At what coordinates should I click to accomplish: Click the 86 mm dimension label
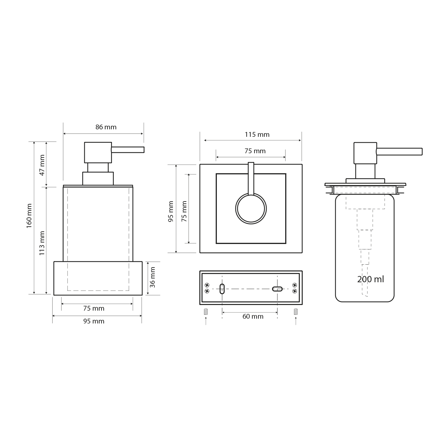(x=106, y=127)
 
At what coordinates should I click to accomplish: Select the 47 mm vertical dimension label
(x=42, y=165)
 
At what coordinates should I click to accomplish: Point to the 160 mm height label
(x=29, y=216)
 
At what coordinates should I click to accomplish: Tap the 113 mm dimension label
(x=42, y=243)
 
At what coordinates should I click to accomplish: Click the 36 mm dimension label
(x=152, y=277)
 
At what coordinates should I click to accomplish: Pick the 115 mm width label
(x=257, y=134)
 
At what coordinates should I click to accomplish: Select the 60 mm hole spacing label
(x=253, y=316)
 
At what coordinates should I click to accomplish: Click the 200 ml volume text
(x=370, y=279)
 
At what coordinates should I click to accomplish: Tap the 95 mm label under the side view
(x=94, y=321)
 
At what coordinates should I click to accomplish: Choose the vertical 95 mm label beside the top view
(x=171, y=211)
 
